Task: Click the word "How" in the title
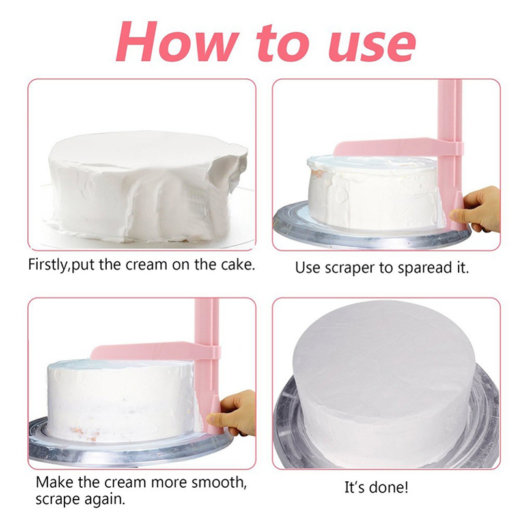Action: coord(176,41)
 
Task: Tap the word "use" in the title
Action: coord(371,46)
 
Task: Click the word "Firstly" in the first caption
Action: coord(47,265)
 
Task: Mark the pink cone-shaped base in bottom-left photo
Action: coord(213,414)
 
